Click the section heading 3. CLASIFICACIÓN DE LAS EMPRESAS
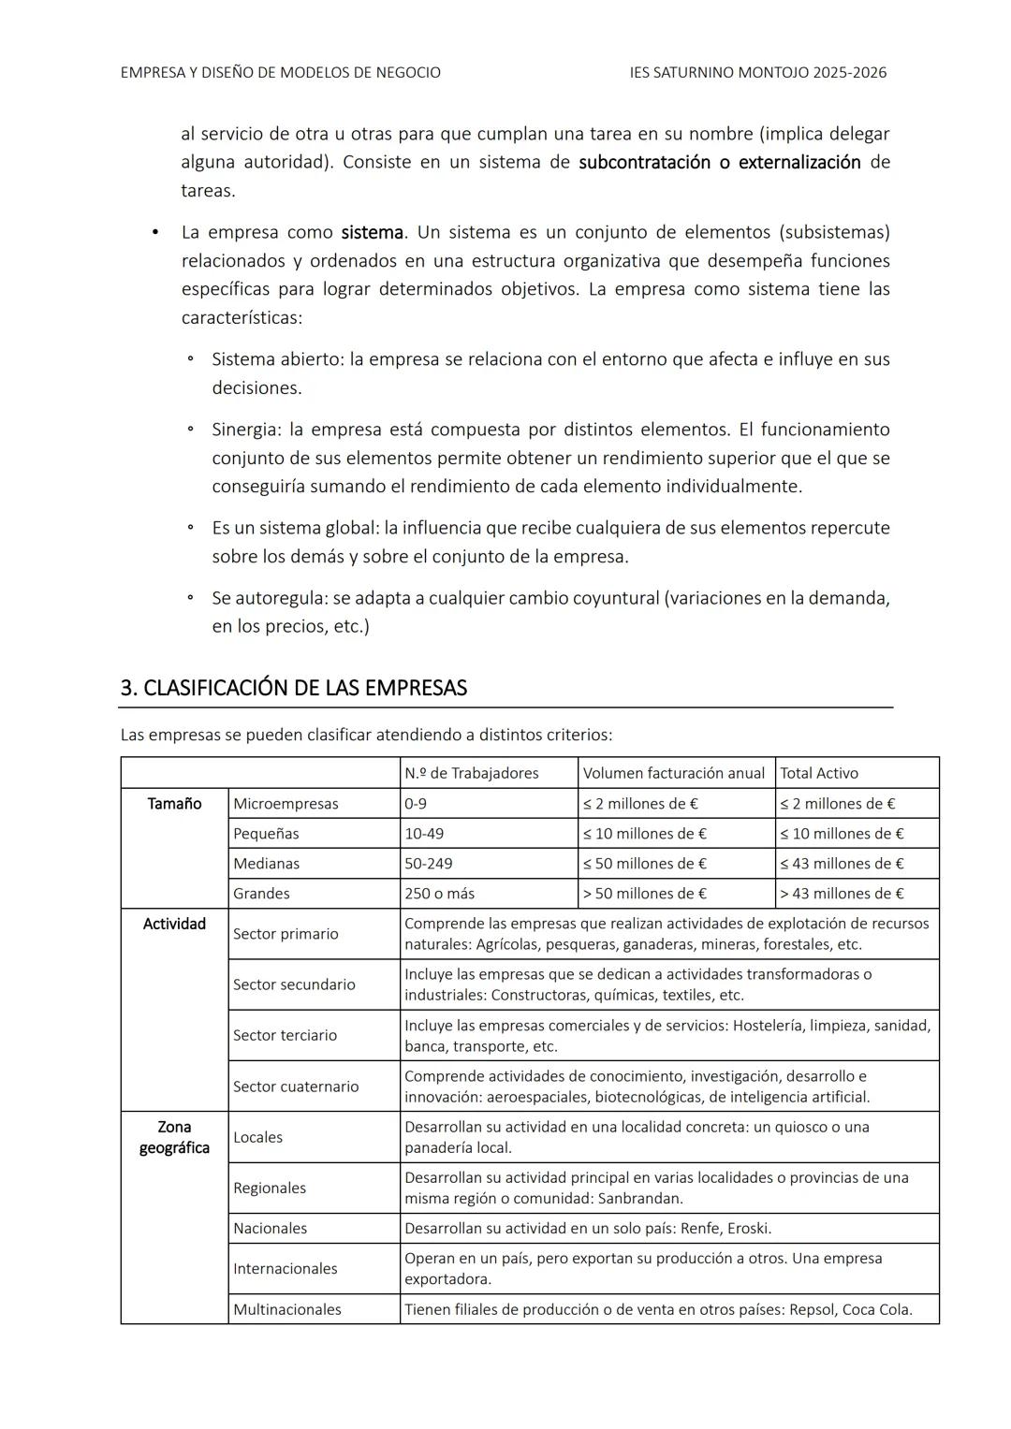[x=293, y=688]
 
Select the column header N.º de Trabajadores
[x=471, y=773]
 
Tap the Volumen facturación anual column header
[x=673, y=773]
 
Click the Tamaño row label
[x=174, y=804]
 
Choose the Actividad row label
[x=174, y=924]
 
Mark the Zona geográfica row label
[x=174, y=1137]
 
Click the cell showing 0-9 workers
[x=416, y=804]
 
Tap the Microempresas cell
[x=286, y=804]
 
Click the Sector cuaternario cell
[x=296, y=1086]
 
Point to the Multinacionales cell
[x=286, y=1309]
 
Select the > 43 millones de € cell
[x=842, y=894]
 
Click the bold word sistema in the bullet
[x=372, y=232]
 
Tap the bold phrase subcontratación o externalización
[x=719, y=162]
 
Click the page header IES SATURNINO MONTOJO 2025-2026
[x=758, y=72]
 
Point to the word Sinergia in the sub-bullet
[x=245, y=430]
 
